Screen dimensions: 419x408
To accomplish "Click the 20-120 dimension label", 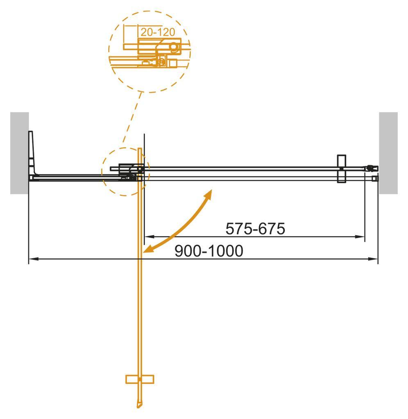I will pyautogui.click(x=157, y=32).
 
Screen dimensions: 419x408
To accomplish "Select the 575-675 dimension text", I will pyautogui.click(x=255, y=229).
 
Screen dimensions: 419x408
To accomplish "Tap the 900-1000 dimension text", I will pyautogui.click(x=209, y=251).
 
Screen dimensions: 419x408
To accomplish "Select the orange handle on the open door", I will pyautogui.click(x=140, y=379).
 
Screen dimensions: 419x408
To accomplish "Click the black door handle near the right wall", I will pyautogui.click(x=341, y=168).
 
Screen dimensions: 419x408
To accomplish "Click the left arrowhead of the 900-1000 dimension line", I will pyautogui.click(x=32, y=259).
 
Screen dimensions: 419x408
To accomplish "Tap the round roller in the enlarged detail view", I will pyautogui.click(x=175, y=47).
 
